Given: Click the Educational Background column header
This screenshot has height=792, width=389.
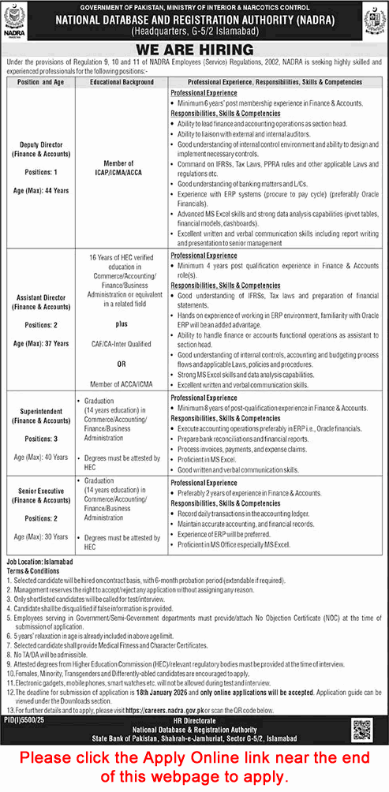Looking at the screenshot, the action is pos(122,82).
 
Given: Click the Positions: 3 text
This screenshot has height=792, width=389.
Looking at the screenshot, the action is pos(42,438).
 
